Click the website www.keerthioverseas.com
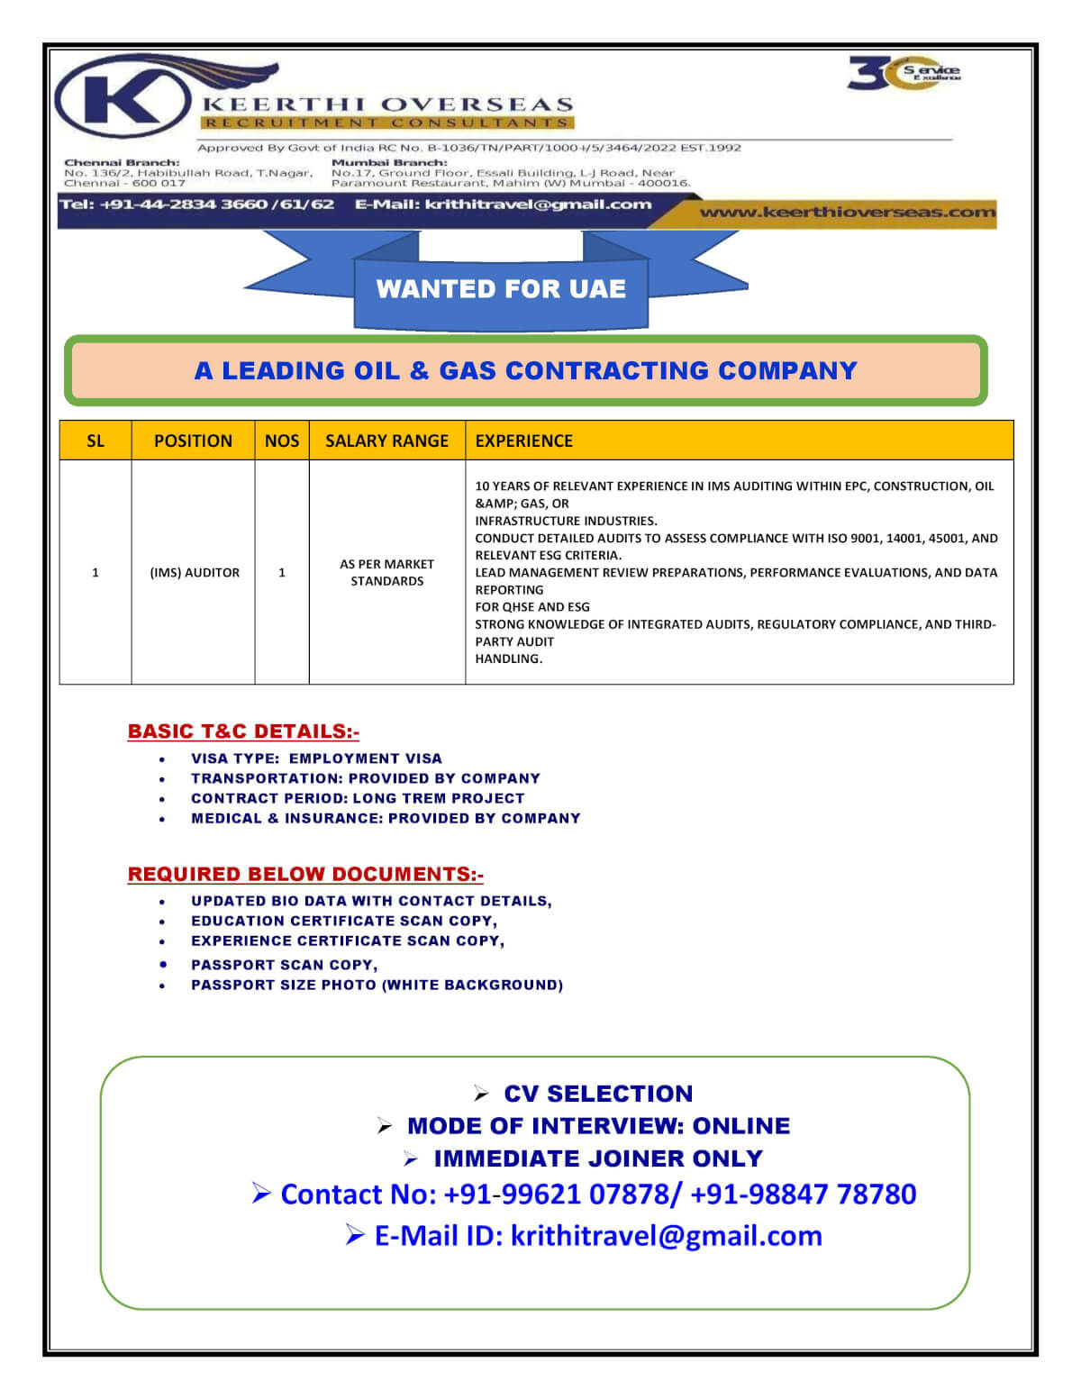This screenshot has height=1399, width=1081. click(847, 213)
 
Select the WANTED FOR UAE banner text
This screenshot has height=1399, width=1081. click(501, 288)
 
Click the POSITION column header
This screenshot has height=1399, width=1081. click(193, 441)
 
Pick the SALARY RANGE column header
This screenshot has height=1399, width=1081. click(386, 441)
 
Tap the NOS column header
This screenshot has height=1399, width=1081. click(281, 441)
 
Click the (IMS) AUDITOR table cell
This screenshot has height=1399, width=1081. click(195, 572)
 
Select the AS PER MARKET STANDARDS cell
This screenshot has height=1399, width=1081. click(386, 572)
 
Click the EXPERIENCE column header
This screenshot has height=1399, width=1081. click(523, 441)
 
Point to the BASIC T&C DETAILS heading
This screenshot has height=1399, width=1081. click(243, 731)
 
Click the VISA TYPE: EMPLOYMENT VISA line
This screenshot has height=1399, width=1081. click(316, 759)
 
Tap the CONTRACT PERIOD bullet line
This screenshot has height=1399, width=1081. click(357, 798)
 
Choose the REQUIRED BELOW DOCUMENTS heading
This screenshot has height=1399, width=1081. click(305, 874)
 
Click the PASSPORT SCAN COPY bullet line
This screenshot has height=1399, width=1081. click(284, 965)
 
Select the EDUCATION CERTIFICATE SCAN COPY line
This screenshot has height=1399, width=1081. click(343, 921)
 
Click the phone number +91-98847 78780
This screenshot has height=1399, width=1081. click(803, 1194)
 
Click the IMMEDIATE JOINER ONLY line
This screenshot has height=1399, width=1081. click(597, 1158)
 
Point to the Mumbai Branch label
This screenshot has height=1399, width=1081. click(389, 163)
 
